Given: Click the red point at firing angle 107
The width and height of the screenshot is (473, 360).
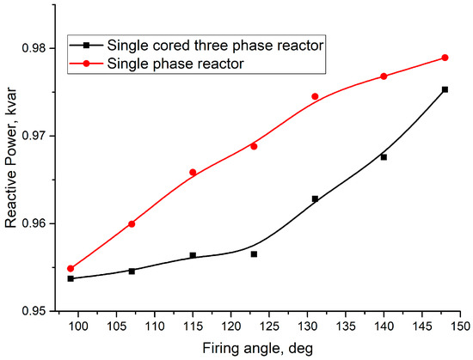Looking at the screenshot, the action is point(132,224).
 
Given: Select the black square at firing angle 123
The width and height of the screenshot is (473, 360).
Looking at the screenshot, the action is point(254,254).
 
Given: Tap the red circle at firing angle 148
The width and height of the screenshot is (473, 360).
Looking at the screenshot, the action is point(445,58).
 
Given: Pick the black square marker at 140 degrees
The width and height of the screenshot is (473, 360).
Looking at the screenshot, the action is point(384,157).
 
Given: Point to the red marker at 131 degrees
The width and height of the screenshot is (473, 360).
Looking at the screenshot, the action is point(315,96).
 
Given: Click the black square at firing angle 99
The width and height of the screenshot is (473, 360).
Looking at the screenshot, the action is point(71,278).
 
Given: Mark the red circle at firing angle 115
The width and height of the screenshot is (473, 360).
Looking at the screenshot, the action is point(193,173).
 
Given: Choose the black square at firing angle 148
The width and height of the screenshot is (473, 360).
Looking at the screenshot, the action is point(445,89).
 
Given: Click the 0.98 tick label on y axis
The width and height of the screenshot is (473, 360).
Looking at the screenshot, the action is point(34,48).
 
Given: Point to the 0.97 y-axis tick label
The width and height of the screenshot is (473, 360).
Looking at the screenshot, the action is point(34,136).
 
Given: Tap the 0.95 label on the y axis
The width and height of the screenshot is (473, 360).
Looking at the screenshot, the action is point(34,311).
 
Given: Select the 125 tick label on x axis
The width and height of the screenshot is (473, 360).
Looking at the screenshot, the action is point(269,326).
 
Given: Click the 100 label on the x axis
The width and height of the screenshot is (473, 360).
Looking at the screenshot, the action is point(78,326).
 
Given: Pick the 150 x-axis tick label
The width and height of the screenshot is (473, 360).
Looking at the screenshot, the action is point(460,326).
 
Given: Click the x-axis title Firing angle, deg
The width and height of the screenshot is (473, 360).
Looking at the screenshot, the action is point(258,349).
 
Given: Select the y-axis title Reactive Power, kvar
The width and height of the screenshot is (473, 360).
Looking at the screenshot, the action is point(10,157).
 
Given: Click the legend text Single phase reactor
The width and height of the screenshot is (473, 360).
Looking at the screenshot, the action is point(175,64).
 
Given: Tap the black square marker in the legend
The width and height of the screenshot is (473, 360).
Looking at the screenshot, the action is point(87,46).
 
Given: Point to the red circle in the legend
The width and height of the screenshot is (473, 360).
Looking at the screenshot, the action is point(87,64).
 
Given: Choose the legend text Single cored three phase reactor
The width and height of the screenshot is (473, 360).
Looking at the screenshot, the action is point(215,46).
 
